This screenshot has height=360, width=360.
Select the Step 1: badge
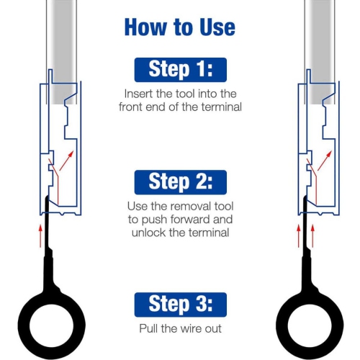pyautogui.click(x=180, y=70)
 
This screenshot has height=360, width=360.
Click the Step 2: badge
pyautogui.click(x=180, y=181)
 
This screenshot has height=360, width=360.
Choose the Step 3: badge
pyautogui.click(x=180, y=303)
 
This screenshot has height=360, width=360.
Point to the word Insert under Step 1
pyautogui.click(x=139, y=94)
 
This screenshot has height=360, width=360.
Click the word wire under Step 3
pyautogui.click(x=189, y=328)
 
